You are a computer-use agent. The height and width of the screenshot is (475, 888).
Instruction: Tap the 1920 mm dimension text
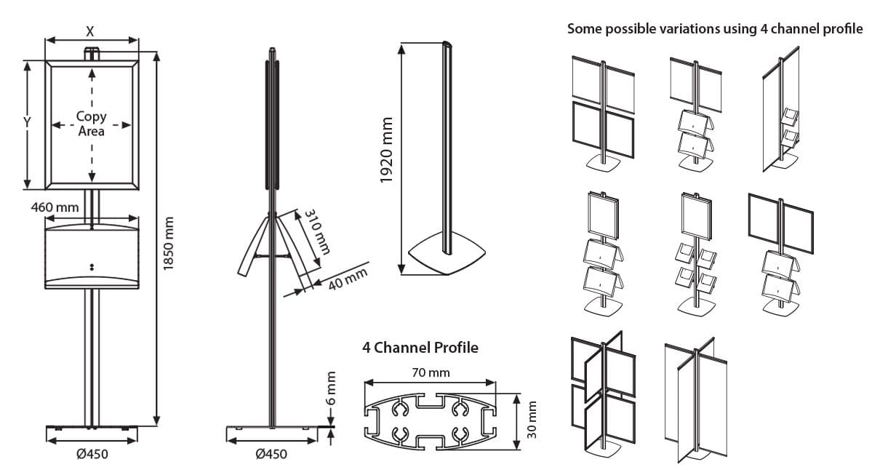click(x=386, y=151)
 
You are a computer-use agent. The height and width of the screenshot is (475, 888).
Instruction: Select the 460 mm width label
click(x=55, y=208)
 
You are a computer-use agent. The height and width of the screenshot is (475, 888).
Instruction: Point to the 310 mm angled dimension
click(x=318, y=232)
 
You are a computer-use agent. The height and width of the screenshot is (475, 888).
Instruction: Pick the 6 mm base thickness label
click(x=332, y=390)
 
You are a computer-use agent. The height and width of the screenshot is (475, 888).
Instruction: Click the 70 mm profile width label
click(x=430, y=372)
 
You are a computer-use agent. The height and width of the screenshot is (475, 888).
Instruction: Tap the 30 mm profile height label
click(x=532, y=419)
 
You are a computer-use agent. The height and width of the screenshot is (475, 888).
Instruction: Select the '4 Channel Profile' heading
click(x=420, y=348)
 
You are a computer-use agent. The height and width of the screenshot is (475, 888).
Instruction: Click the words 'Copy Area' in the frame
click(x=91, y=124)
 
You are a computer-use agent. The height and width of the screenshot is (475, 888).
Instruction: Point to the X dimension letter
click(x=90, y=31)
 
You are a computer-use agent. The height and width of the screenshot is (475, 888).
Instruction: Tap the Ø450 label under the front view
click(x=92, y=455)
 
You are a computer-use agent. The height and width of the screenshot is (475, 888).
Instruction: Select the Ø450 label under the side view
click(x=271, y=455)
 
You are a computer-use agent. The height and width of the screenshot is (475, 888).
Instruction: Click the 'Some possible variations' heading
click(x=714, y=29)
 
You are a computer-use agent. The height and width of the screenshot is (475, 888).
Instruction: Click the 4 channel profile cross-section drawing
click(x=430, y=418)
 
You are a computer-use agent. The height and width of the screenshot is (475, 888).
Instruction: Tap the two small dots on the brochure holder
click(x=91, y=266)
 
